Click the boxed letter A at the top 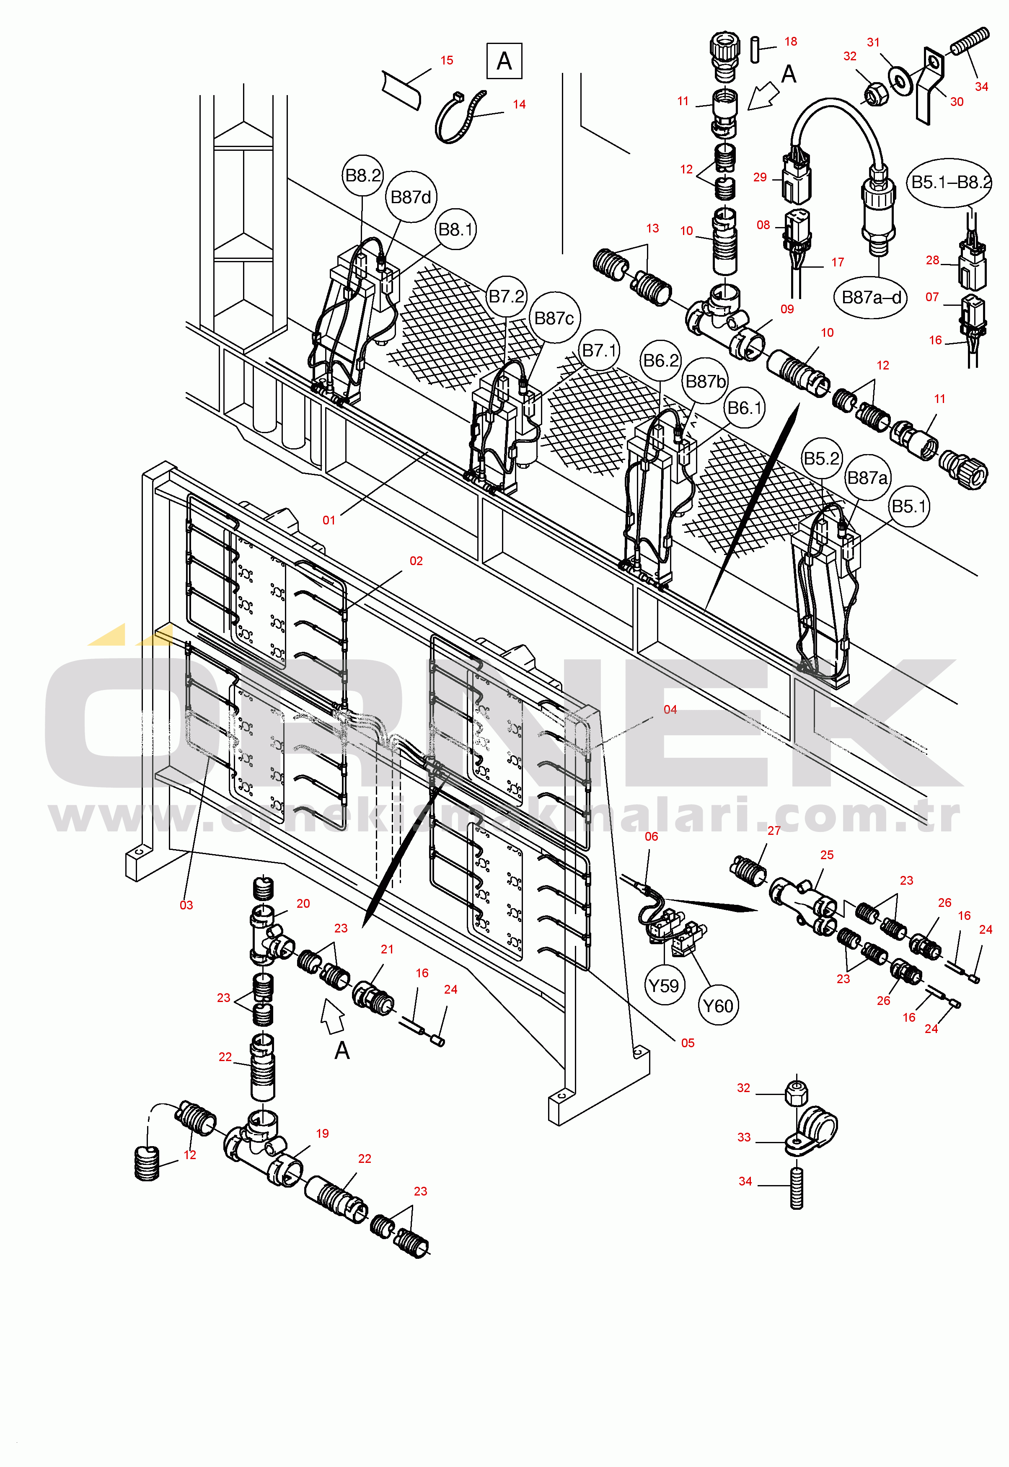click(504, 61)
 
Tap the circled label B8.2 click(363, 175)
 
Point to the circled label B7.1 click(599, 350)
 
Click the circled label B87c click(554, 318)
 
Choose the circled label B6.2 click(661, 360)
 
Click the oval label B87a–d click(871, 297)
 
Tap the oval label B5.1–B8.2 click(950, 183)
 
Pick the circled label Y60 click(718, 1006)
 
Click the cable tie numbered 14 click(460, 118)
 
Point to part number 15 click(447, 60)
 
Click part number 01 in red click(329, 520)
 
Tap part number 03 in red click(186, 905)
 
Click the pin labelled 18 click(755, 50)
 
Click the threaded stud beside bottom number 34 click(797, 1188)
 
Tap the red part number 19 click(322, 1133)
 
